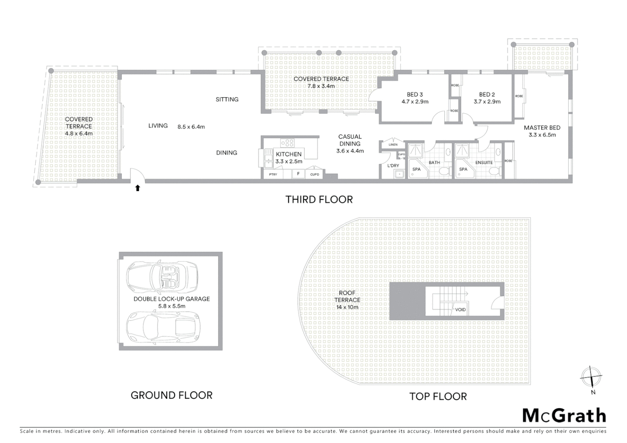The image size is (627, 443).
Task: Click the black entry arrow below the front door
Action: (138, 188)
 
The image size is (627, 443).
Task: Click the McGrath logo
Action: (564, 416)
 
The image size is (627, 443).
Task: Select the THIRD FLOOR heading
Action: (319, 200)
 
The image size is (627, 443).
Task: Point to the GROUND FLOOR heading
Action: (172, 395)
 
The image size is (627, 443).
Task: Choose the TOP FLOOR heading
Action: (438, 397)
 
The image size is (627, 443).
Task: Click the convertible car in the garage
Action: (162, 277)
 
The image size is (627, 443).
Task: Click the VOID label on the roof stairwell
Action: (460, 310)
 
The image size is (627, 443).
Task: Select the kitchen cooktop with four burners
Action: (287, 143)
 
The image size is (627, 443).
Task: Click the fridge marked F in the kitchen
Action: (298, 174)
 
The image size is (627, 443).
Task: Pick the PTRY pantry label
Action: (273, 175)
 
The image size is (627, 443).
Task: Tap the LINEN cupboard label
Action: (393, 144)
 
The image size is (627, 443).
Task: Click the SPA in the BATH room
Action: (416, 169)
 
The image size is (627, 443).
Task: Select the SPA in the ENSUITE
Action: (463, 169)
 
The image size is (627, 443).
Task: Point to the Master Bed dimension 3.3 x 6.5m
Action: (542, 135)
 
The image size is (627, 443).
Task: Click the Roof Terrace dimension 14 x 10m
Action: (347, 307)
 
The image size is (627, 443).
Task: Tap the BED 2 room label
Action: (487, 95)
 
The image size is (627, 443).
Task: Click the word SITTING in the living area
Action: (227, 99)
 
